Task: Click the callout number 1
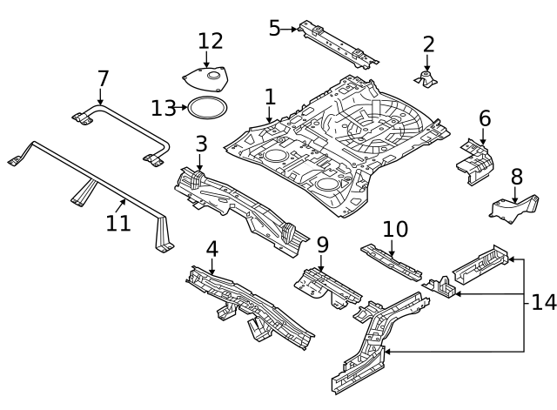click(270, 96)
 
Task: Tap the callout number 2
click(428, 44)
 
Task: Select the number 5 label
click(274, 29)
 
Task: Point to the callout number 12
click(211, 41)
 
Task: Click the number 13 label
click(163, 108)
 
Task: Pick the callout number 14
click(543, 302)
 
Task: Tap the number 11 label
click(118, 223)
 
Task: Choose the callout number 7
click(103, 78)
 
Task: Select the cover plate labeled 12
click(206, 79)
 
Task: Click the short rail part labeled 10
click(391, 260)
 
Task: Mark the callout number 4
click(211, 249)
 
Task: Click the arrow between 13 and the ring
click(183, 108)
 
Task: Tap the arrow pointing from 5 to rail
click(290, 29)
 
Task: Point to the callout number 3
click(201, 143)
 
